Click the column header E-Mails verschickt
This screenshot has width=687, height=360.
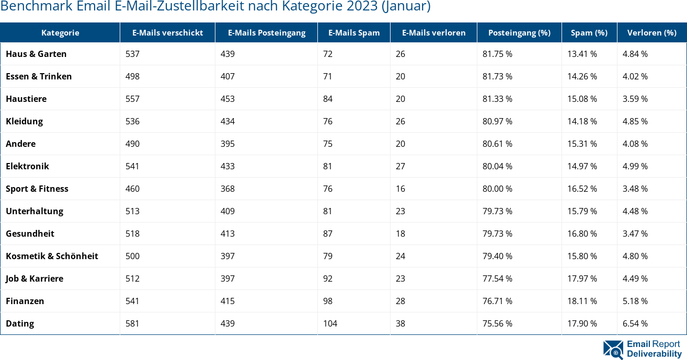(167, 32)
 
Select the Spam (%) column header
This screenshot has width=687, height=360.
(589, 32)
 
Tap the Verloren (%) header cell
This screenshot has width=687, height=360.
(651, 32)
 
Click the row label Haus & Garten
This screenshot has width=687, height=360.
(36, 54)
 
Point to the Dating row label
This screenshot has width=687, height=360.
(20, 323)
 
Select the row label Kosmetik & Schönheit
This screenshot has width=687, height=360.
(52, 256)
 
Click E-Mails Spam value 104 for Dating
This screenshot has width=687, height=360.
(330, 323)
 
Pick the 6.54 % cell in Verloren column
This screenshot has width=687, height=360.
(635, 323)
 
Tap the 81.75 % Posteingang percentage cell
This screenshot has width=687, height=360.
(497, 54)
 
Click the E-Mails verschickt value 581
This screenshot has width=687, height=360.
(132, 323)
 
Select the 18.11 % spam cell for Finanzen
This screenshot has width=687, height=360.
(582, 301)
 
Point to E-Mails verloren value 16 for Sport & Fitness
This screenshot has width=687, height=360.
(400, 189)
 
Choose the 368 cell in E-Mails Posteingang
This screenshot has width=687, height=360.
(227, 189)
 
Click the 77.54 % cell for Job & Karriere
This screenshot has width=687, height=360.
(497, 278)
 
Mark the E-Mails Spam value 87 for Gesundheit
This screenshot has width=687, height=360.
(328, 234)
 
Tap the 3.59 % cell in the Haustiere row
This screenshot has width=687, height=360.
(635, 99)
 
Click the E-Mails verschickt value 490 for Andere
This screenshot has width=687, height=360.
(132, 144)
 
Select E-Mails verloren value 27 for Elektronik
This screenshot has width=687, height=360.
(400, 166)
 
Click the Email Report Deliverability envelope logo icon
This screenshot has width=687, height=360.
(613, 350)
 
